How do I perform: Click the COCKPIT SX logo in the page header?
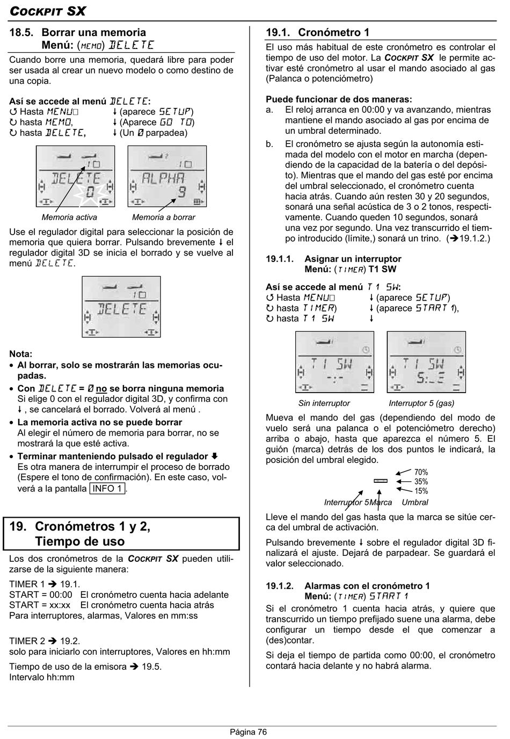[48, 11]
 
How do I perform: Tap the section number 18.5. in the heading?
[21, 32]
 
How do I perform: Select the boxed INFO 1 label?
[107, 488]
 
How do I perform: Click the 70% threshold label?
[421, 472]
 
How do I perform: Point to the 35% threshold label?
[421, 482]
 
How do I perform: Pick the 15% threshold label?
[421, 491]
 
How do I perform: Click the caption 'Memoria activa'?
[69, 217]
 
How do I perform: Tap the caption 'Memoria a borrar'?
[164, 217]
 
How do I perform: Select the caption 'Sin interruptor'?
[324, 403]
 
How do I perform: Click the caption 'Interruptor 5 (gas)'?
[421, 403]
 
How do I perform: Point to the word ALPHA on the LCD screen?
[163, 178]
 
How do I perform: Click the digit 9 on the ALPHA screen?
[181, 192]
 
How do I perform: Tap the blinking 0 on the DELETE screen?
[90, 192]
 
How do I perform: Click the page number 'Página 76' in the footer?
[248, 731]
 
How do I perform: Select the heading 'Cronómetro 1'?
[333, 32]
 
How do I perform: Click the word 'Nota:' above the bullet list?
[21, 354]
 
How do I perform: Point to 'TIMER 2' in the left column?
[27, 641]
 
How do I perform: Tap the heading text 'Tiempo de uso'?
[80, 541]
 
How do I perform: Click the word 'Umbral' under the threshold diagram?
[415, 502]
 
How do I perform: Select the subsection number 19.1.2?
[280, 586]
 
